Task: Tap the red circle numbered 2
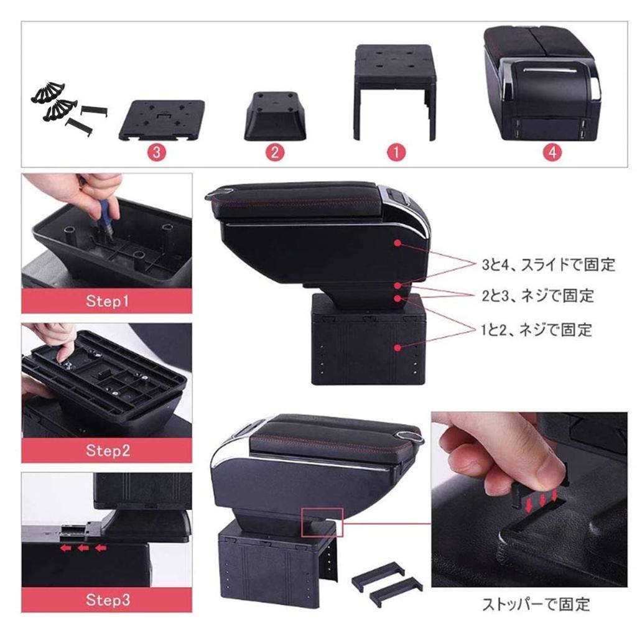click(274, 153)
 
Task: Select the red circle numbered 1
click(396, 153)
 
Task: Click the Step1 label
click(107, 302)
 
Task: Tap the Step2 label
click(107, 450)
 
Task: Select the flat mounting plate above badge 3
click(162, 119)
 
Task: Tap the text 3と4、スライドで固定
click(548, 266)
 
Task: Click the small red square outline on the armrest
click(322, 522)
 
